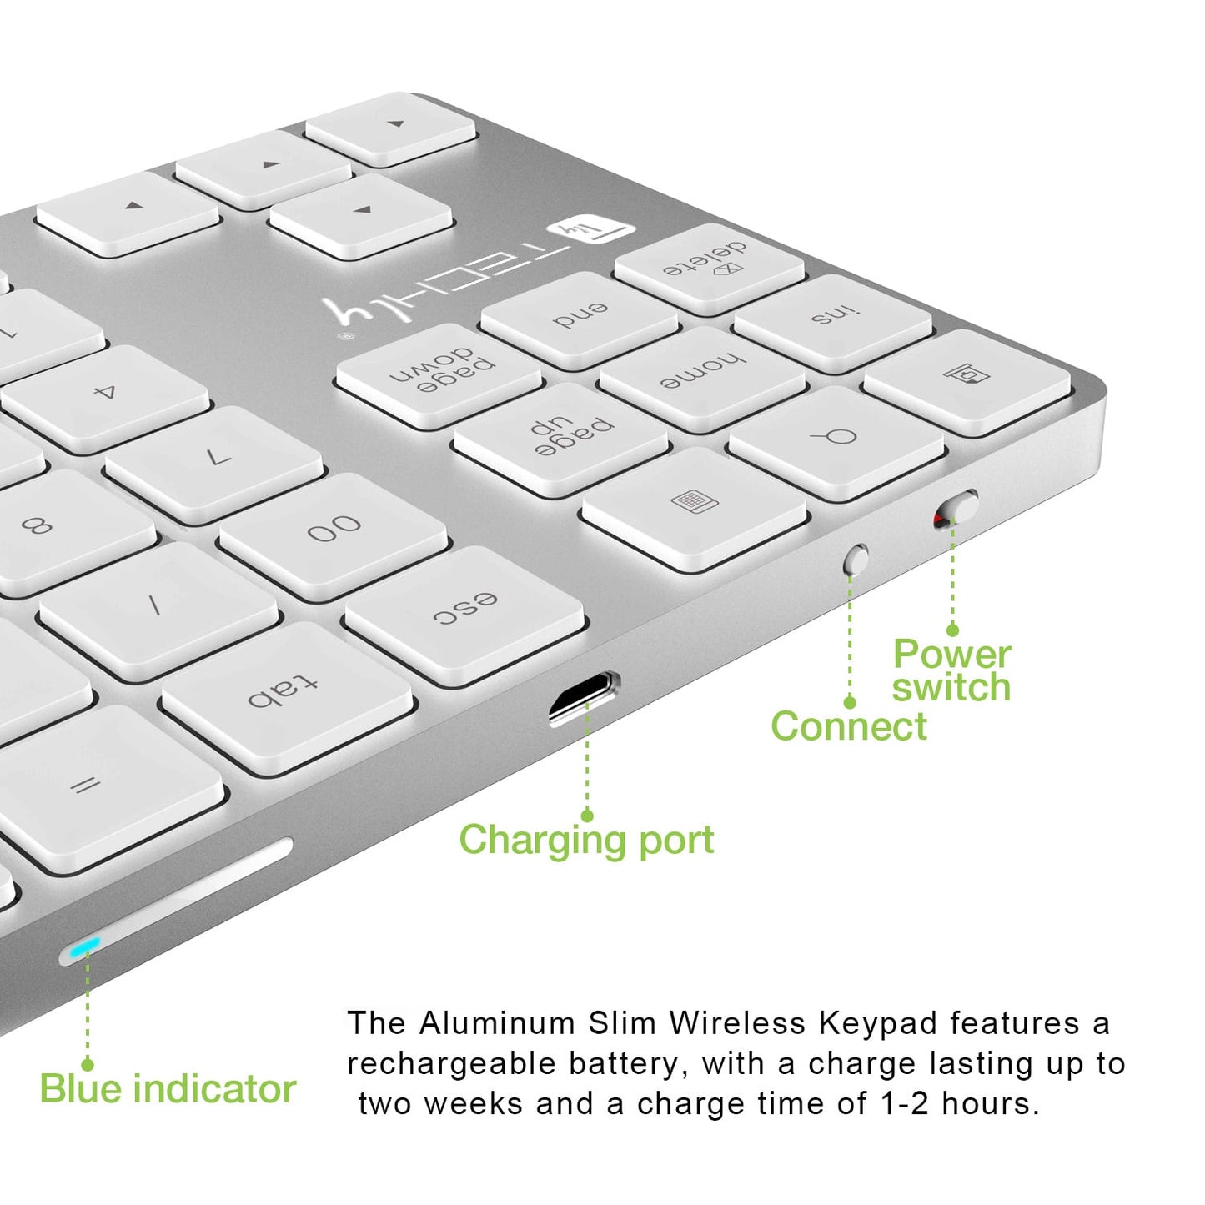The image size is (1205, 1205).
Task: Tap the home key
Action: pos(702,374)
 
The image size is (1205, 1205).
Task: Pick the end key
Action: pos(580,317)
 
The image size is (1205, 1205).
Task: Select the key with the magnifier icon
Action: pos(835,439)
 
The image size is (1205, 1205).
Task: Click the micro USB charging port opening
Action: pos(584,697)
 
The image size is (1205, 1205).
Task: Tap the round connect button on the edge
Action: pos(856,560)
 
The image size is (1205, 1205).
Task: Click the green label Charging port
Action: pos(586,840)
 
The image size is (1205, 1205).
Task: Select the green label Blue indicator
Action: pos(168,1089)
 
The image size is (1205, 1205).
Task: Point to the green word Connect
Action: pos(848,726)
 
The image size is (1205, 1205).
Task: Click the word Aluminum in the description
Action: pos(497,1023)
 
